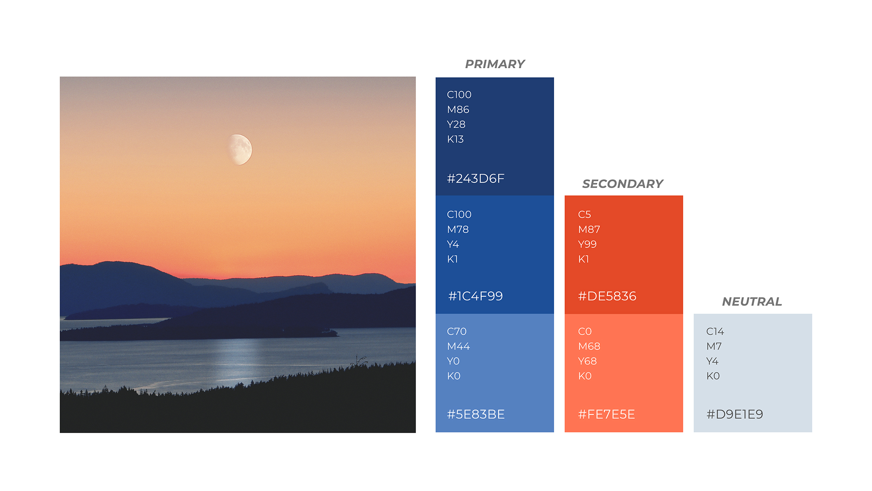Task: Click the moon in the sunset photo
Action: click(240, 150)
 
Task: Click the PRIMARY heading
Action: click(495, 64)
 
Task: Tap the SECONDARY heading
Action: click(622, 184)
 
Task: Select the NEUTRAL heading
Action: click(752, 301)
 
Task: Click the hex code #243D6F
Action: click(476, 178)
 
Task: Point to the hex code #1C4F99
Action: click(475, 296)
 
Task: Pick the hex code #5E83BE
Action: click(476, 414)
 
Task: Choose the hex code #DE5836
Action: click(607, 296)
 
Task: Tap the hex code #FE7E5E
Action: click(606, 414)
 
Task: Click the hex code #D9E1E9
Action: click(734, 414)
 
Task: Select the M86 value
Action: click(458, 109)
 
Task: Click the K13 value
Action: click(455, 139)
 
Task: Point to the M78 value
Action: click(458, 229)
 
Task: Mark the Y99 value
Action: click(587, 244)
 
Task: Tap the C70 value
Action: click(457, 331)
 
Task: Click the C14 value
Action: click(715, 331)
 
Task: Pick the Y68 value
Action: click(587, 361)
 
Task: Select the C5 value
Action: click(584, 215)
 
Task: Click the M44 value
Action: click(458, 346)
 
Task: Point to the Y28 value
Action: click(456, 125)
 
